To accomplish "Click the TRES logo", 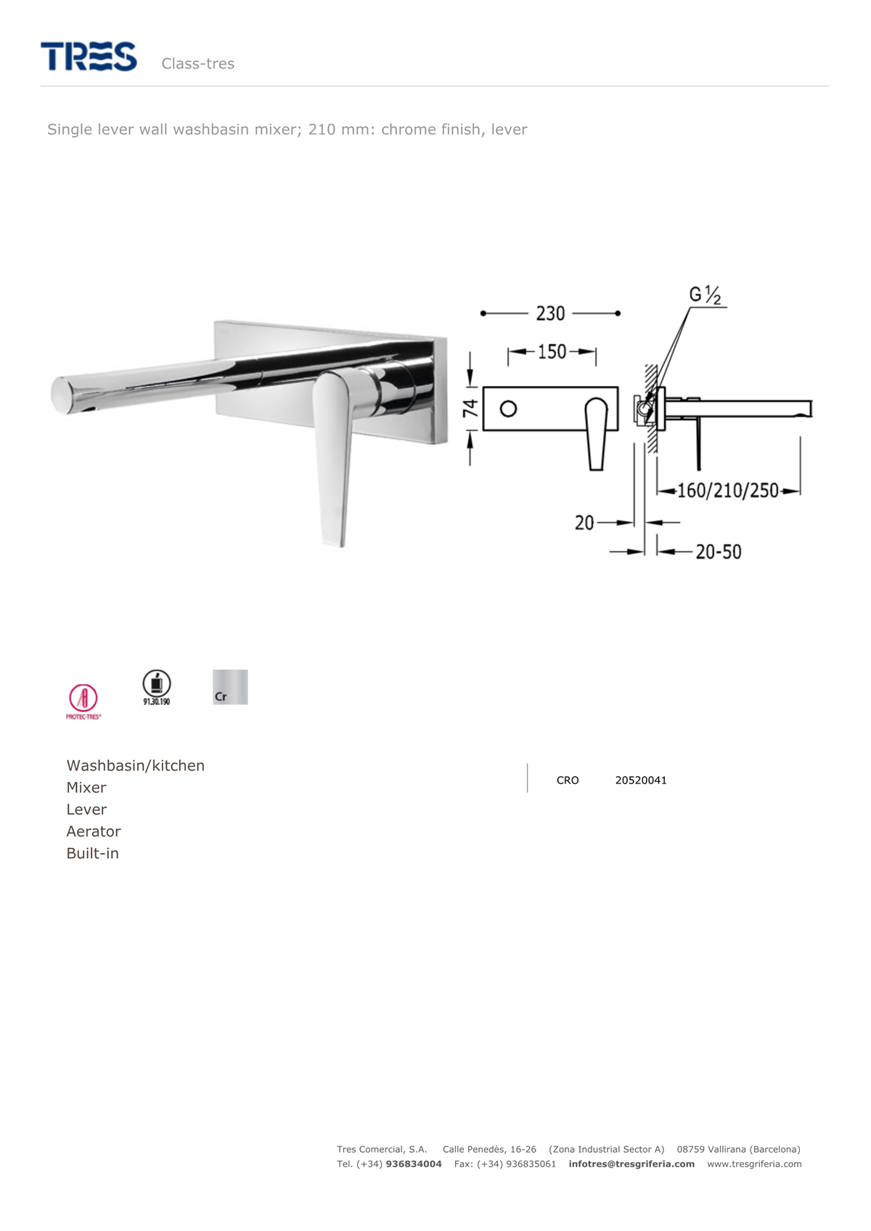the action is pyautogui.click(x=89, y=56).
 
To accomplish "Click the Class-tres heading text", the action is pyautogui.click(x=198, y=64).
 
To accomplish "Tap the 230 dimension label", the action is pyautogui.click(x=550, y=313).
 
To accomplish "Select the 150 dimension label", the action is pyautogui.click(x=552, y=351).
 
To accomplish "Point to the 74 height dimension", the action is pyautogui.click(x=470, y=408).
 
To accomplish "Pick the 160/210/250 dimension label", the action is pyautogui.click(x=727, y=490).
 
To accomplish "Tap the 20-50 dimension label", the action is pyautogui.click(x=718, y=551).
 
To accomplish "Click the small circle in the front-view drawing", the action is pyautogui.click(x=508, y=409).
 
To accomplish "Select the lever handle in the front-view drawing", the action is pyautogui.click(x=597, y=434).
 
